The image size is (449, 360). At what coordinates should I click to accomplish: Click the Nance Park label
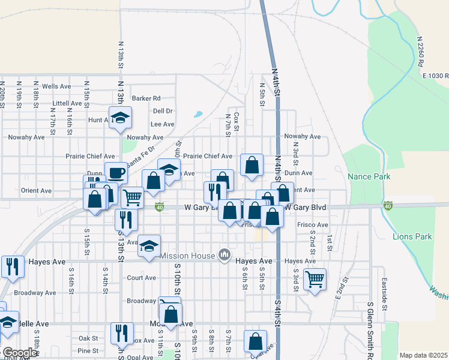[x=369, y=176]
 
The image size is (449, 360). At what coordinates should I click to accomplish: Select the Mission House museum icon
[x=224, y=256]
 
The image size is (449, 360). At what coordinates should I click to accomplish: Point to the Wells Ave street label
[x=56, y=86]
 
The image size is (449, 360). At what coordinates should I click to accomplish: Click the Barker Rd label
[x=146, y=98]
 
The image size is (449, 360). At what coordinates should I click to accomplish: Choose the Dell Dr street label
[x=163, y=111]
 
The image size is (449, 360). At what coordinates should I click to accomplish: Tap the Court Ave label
[x=142, y=278]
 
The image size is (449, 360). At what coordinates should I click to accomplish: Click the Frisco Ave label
[x=313, y=225]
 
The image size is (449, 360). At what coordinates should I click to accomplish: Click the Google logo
[x=19, y=353]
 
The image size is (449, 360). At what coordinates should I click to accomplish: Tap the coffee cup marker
[x=116, y=173]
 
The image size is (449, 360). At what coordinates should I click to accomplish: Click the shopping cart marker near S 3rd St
[x=315, y=278]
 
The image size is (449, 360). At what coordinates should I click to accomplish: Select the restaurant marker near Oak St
[x=122, y=333]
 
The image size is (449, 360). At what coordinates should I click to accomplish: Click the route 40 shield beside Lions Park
[x=388, y=206]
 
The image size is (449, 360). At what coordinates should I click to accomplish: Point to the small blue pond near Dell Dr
[x=198, y=114]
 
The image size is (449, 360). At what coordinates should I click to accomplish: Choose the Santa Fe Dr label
[x=143, y=152]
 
